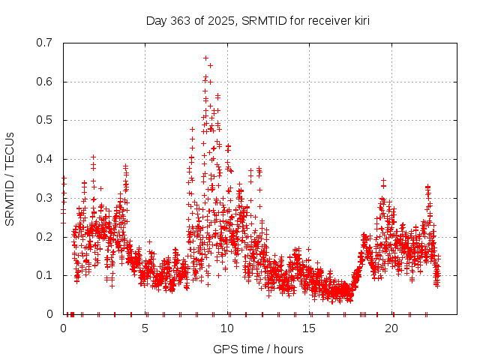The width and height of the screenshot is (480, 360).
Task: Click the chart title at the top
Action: click(258, 20)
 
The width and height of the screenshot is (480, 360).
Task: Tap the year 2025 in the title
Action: click(217, 20)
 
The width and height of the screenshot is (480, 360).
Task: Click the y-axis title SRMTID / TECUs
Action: click(10, 178)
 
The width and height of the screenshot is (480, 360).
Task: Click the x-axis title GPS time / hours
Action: click(258, 349)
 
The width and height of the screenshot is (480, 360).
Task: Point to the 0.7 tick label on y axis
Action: click(45, 43)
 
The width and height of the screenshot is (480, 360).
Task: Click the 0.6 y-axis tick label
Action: click(45, 82)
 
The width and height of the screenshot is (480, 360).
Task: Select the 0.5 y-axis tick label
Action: click(45, 120)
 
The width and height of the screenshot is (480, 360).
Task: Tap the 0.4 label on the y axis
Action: click(45, 159)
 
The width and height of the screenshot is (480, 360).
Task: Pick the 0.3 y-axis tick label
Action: click(45, 198)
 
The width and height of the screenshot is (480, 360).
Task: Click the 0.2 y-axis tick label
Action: click(45, 237)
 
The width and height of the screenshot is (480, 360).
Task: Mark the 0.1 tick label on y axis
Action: click(45, 275)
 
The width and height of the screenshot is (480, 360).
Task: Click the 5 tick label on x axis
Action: click(145, 328)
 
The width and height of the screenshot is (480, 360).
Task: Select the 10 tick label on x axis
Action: click(227, 328)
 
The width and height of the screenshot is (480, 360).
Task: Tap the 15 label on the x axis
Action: click(310, 328)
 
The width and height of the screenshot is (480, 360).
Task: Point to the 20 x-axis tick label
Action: click(391, 328)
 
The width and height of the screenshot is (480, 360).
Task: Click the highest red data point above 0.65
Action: click(205, 58)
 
